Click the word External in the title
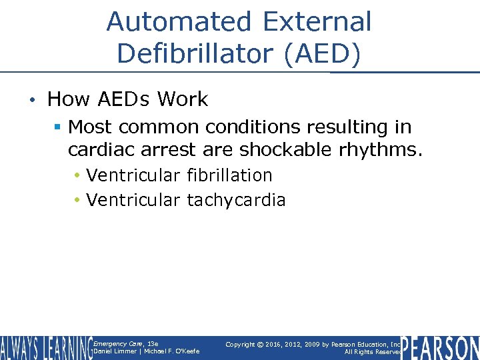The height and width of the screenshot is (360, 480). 317,22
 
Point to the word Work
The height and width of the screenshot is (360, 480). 183,100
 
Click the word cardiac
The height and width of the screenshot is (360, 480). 101,150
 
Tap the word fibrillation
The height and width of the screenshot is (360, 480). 229,175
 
